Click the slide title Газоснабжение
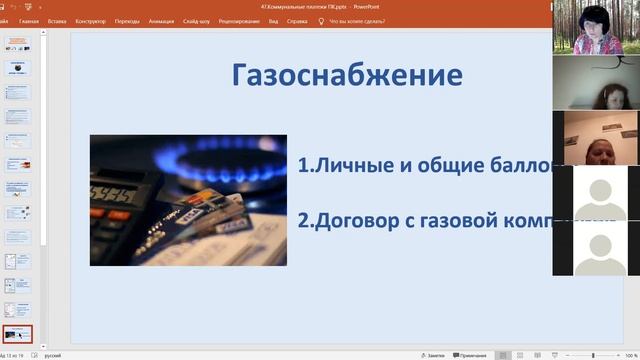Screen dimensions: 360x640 click(x=347, y=76)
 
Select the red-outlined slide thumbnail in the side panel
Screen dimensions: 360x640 click(x=19, y=333)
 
